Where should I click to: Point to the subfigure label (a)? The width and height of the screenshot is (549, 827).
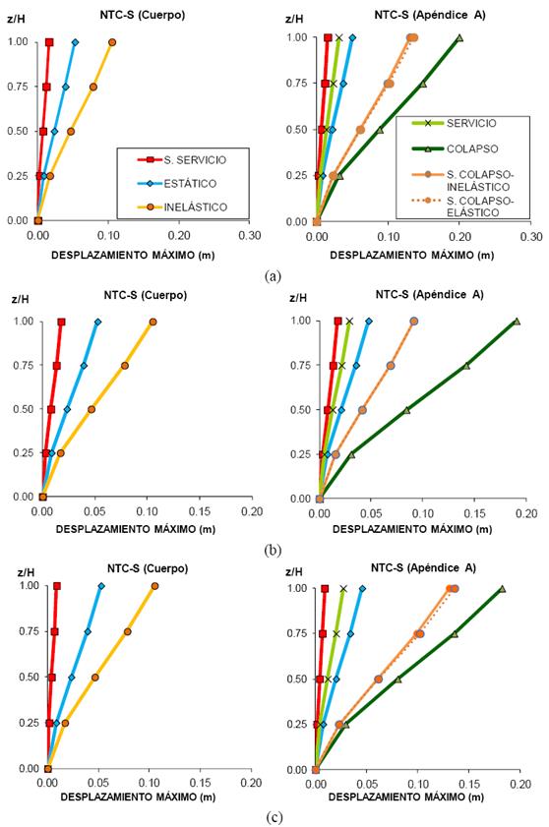pos(274,276)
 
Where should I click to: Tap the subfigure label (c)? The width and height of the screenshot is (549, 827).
pos(274,815)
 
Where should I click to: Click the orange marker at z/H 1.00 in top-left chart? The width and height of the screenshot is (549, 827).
pos(112,42)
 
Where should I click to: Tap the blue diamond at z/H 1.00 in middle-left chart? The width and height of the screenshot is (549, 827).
pos(97,322)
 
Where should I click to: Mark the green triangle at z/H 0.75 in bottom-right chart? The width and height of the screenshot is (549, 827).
pos(455,634)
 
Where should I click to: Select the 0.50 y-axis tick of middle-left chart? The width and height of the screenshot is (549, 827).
pos(18,409)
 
